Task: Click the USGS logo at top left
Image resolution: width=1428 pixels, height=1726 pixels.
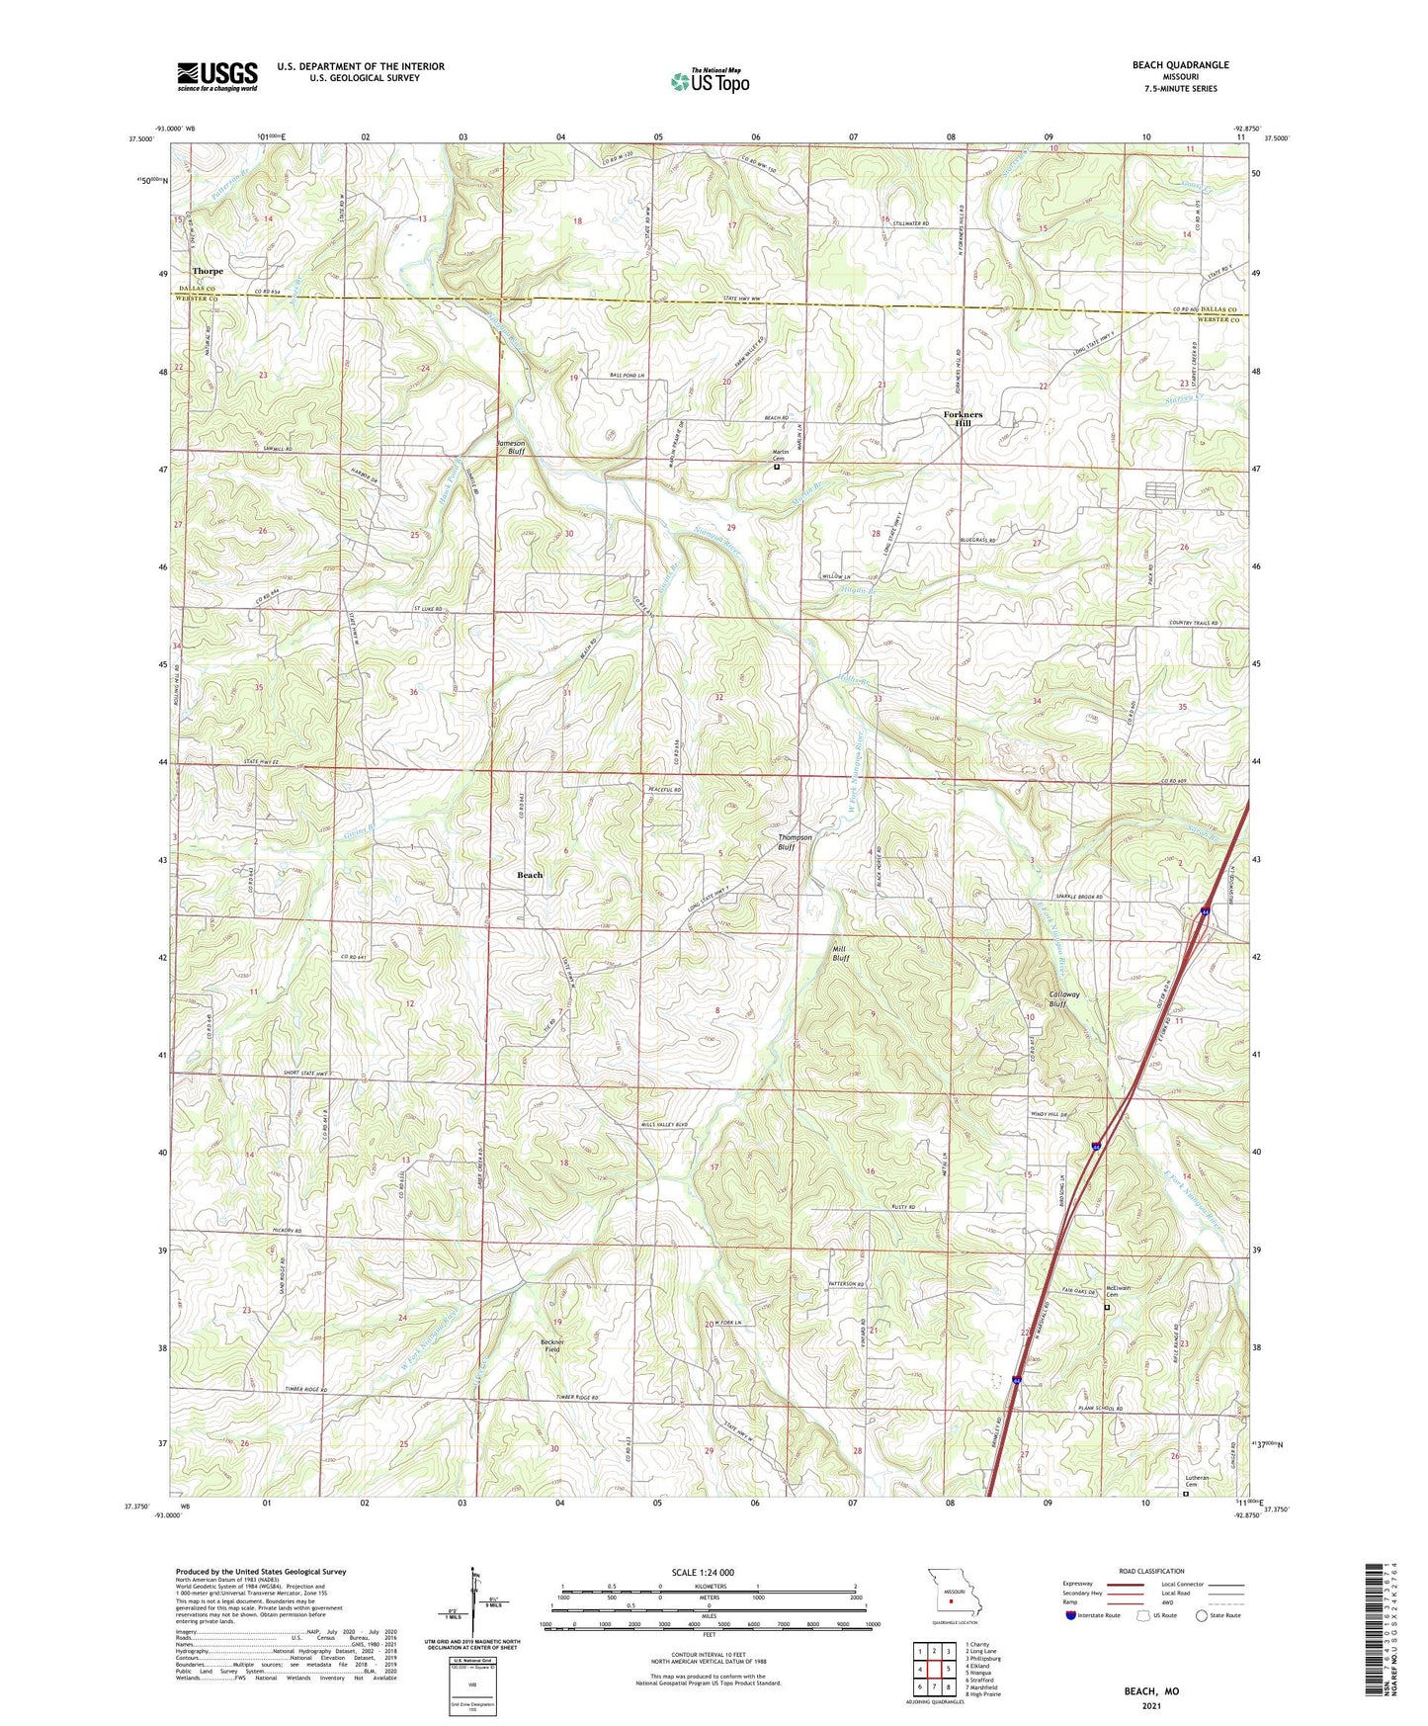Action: pos(217,76)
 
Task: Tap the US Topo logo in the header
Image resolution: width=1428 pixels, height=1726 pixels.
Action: pos(710,81)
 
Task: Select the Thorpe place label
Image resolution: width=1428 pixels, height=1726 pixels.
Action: pos(208,271)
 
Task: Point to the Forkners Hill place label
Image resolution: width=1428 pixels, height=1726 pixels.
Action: pos(963,418)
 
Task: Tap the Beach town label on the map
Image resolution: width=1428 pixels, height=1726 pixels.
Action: pos(530,875)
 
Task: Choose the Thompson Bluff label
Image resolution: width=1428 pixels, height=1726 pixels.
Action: pos(794,842)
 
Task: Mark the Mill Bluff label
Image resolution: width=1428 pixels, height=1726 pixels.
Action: pos(840,953)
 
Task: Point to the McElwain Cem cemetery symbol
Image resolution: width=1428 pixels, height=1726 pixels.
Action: pos(1107,1307)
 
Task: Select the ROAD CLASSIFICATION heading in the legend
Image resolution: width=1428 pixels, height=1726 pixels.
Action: pos(1150,1571)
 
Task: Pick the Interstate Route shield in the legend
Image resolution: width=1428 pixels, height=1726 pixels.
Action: pos(1070,1616)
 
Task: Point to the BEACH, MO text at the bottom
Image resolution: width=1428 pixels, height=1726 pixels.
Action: pos(1150,1691)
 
